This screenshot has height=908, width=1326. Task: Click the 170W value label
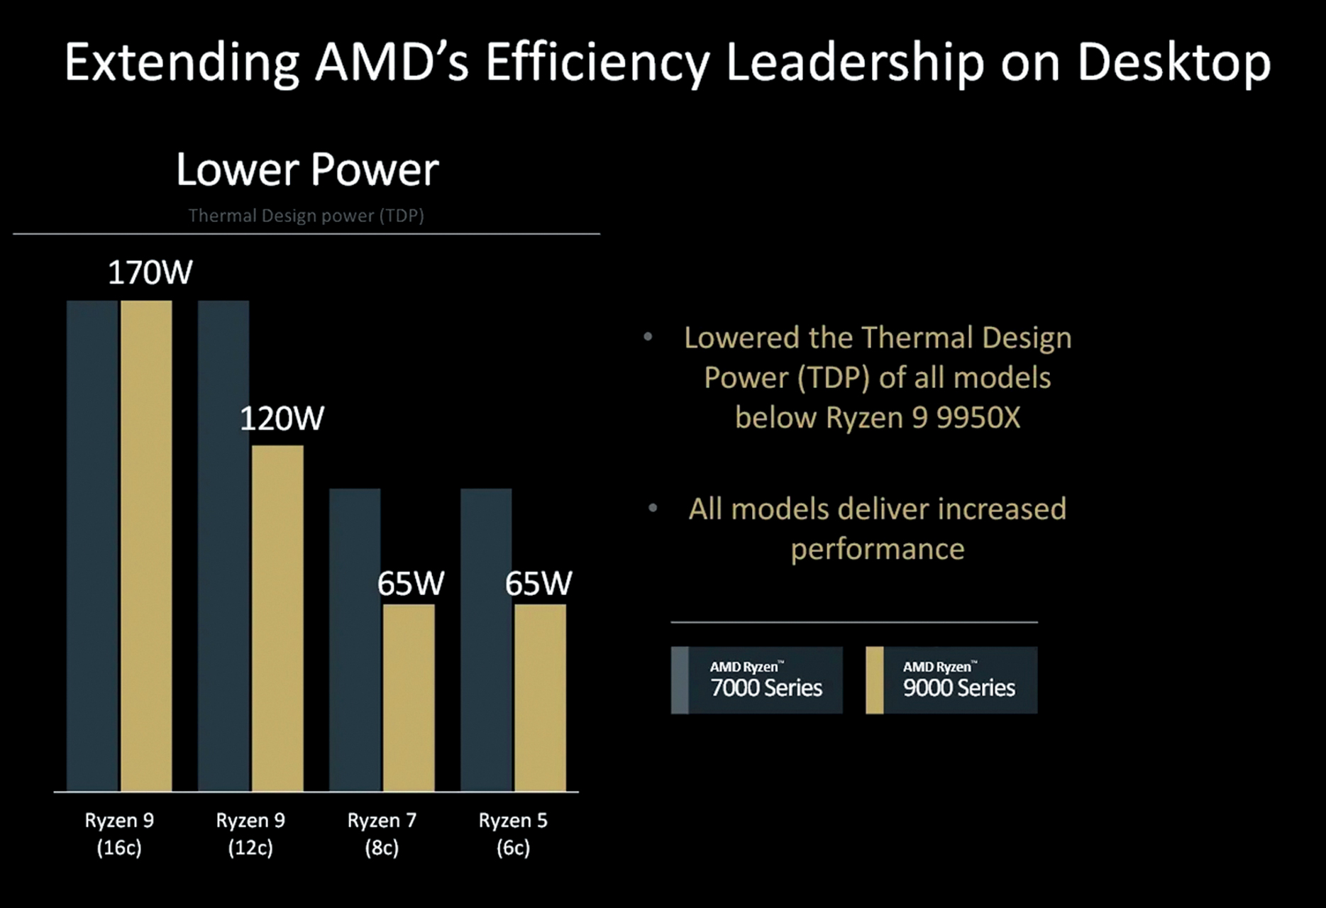(150, 273)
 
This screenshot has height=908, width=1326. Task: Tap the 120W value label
(282, 419)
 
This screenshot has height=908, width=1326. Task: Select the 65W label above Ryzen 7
(410, 584)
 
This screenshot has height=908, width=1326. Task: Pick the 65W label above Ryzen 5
(538, 584)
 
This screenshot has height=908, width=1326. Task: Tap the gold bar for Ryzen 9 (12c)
(277, 617)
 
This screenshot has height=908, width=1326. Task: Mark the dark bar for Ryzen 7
(355, 638)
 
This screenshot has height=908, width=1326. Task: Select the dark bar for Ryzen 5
(486, 638)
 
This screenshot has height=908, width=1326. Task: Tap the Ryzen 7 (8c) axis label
(382, 834)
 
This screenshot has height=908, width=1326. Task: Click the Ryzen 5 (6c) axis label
(513, 834)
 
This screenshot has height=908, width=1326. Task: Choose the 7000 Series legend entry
(757, 680)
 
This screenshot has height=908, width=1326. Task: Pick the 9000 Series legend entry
(951, 680)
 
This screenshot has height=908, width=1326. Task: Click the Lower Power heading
(307, 170)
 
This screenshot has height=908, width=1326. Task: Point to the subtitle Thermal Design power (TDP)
(306, 216)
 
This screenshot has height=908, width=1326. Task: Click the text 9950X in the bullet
(978, 418)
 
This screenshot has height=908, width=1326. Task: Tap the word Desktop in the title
(1173, 62)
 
